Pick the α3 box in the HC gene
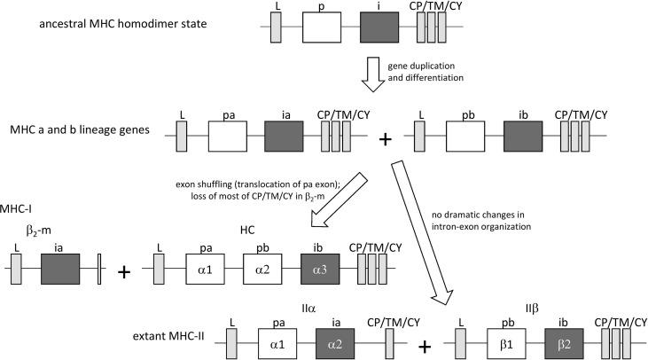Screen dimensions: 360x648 324,269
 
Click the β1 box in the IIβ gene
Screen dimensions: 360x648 511,341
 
